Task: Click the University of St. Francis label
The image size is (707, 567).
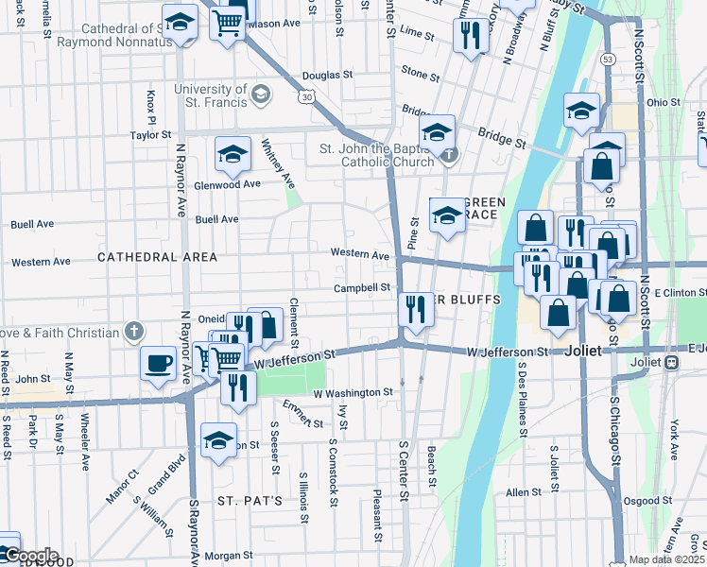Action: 209,95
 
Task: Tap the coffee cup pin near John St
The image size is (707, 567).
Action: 159,363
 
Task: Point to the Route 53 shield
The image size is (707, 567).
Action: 608,59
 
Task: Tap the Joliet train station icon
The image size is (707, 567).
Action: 673,362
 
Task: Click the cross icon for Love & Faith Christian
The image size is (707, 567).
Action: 135,332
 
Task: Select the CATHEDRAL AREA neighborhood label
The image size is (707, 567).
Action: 157,257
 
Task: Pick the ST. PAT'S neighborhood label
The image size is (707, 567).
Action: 250,500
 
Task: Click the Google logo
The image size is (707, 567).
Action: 30,555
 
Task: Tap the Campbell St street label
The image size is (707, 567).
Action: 362,287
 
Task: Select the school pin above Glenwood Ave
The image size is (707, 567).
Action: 233,153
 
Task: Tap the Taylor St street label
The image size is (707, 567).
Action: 149,135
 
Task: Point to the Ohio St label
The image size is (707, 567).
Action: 664,102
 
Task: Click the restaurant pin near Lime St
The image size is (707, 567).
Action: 470,36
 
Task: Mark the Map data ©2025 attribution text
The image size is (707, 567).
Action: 665,559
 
